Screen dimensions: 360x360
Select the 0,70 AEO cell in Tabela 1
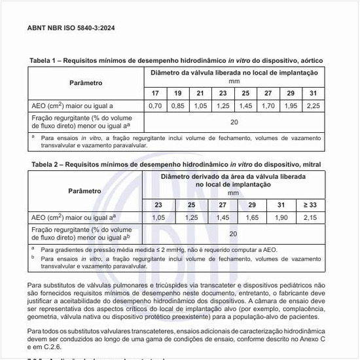154,105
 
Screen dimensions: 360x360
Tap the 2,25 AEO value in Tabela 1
313,105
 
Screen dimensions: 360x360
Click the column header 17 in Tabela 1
154,94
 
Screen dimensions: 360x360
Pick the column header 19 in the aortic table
177,94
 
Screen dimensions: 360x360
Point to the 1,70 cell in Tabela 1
268,105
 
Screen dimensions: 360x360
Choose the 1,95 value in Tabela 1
291,105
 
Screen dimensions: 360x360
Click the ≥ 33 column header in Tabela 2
310,205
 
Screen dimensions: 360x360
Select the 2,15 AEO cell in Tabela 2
310,217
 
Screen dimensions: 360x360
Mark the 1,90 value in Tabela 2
281,217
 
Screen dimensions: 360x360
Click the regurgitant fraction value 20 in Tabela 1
234,121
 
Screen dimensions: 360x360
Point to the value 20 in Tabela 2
234,233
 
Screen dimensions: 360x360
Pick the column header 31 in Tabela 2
281,205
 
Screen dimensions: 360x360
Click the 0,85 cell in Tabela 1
177,105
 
